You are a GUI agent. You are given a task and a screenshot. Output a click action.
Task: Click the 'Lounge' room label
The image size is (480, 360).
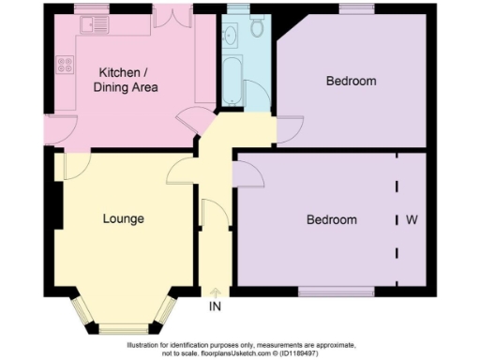pos(123,219)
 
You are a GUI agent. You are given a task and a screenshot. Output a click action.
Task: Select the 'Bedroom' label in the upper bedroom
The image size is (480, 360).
pos(351,82)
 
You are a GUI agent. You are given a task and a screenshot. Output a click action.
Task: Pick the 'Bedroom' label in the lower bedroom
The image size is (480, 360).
pos(332,220)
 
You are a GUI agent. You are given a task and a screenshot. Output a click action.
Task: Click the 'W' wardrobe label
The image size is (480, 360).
pos(411,220)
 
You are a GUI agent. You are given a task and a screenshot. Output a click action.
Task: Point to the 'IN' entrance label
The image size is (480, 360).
pos(216,306)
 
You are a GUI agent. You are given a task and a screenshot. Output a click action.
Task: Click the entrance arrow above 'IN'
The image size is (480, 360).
pos(216,292)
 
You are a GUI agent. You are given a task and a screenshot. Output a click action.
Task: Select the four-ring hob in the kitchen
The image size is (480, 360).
pos(66,65)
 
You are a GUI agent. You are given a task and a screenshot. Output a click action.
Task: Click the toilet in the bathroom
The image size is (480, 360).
pos(257,28)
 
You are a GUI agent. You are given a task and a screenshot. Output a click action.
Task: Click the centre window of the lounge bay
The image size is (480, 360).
pos(124,327)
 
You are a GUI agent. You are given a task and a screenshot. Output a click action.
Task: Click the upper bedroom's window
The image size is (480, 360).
pos(356,9)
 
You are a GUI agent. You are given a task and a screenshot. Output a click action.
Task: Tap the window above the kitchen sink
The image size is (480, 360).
pos(92,9)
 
